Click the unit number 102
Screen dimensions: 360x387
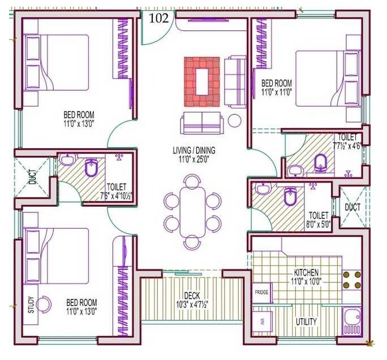point(159,18)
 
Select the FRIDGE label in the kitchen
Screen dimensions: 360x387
point(261,293)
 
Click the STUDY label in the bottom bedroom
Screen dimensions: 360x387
point(31,305)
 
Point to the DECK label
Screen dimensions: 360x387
point(192,295)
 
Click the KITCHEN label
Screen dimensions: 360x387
point(306,272)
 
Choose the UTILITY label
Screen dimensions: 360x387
point(306,322)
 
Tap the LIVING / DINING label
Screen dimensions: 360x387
point(194,151)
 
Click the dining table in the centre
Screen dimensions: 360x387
point(192,212)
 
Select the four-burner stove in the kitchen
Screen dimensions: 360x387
point(351,280)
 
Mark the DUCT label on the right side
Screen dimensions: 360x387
point(352,208)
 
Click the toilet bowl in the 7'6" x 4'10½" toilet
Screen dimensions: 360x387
point(91,168)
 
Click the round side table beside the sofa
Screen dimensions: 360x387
point(234,120)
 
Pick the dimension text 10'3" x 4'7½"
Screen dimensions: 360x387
point(192,303)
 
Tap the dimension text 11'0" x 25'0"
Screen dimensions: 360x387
point(194,159)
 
